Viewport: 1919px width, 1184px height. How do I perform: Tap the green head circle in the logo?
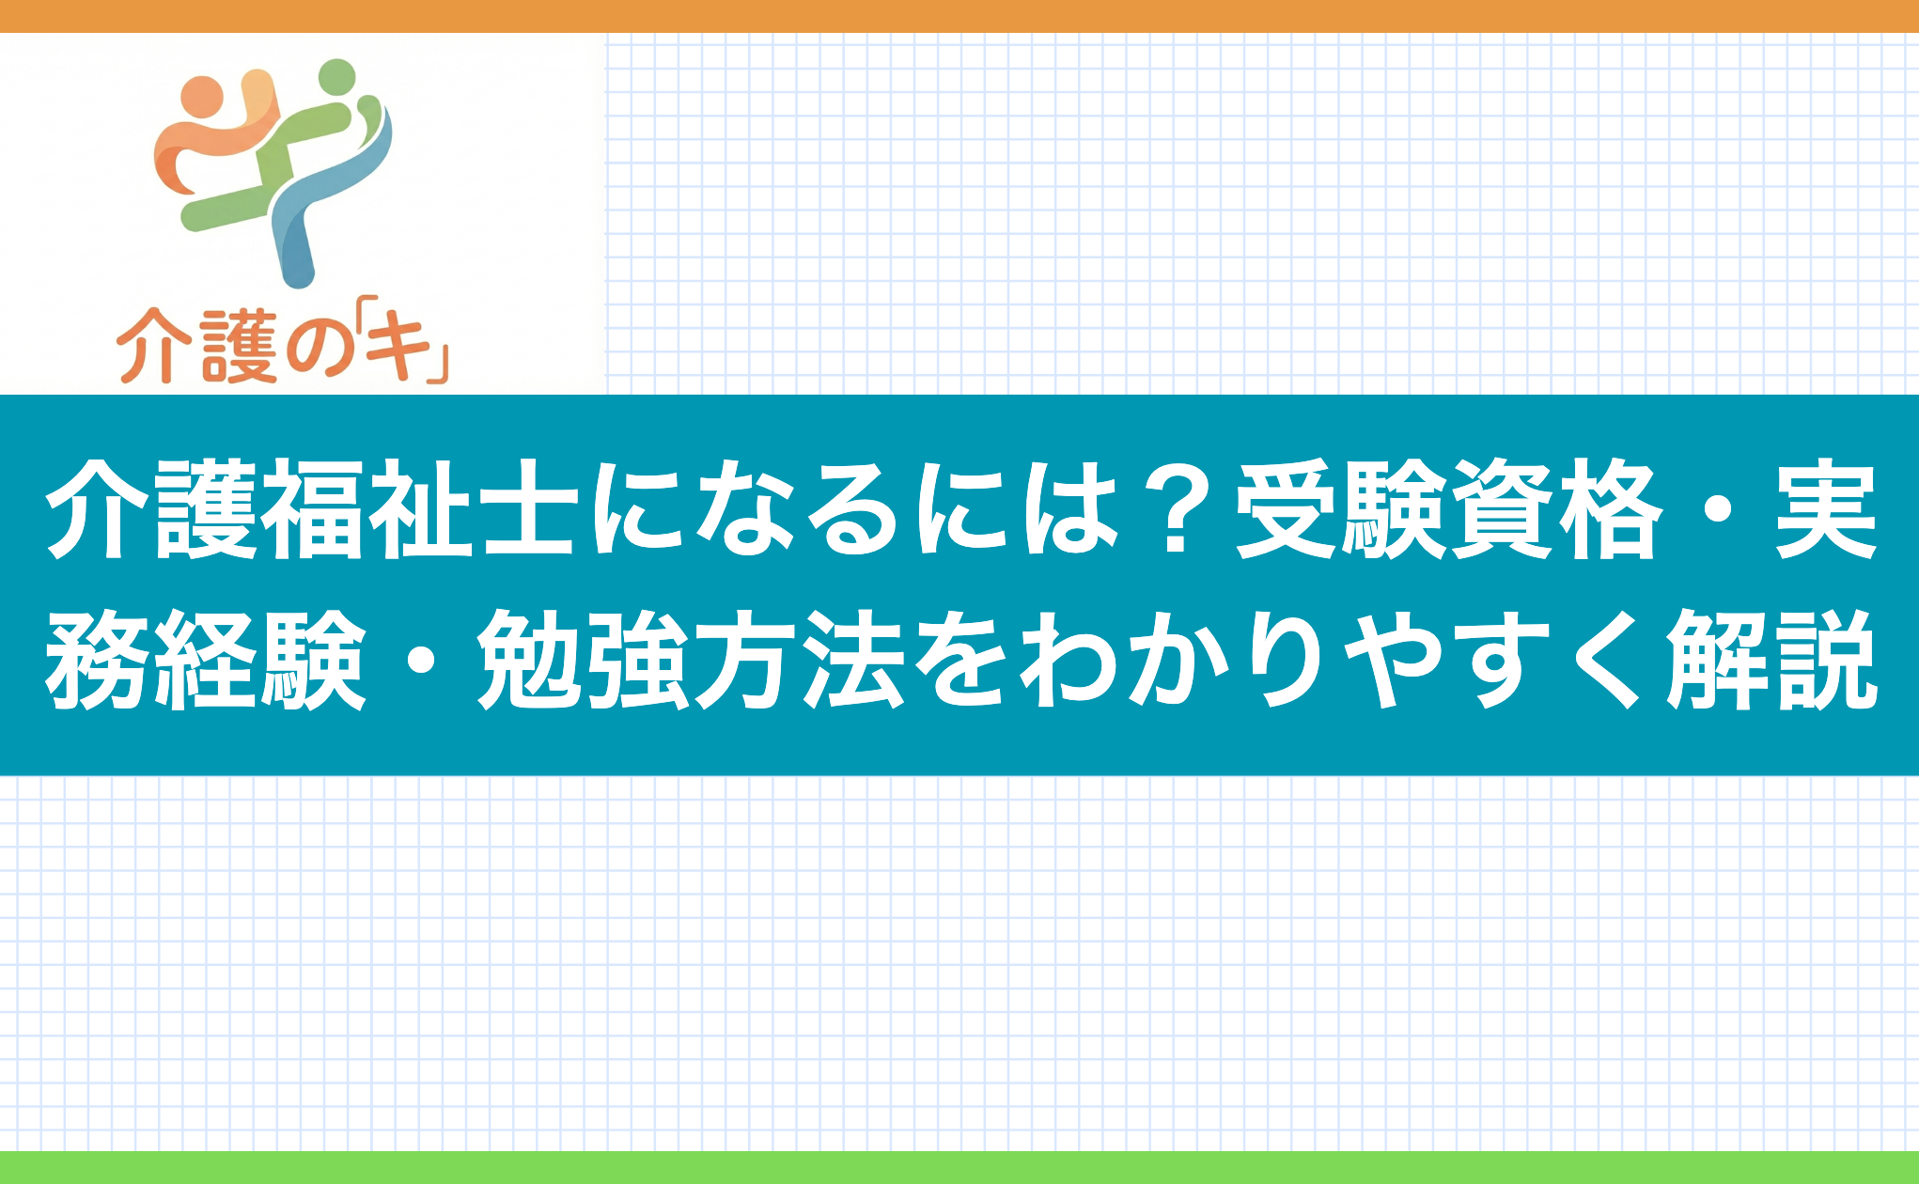(x=337, y=77)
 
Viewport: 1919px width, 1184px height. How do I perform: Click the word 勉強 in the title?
(x=584, y=658)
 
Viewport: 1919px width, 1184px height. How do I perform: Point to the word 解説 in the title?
(x=1771, y=658)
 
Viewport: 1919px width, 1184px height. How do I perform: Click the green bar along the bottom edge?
(x=959, y=1167)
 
